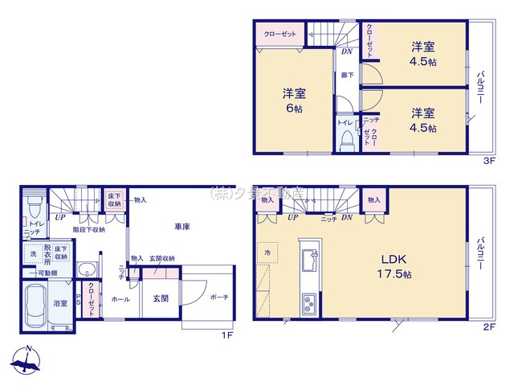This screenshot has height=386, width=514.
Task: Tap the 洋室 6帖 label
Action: pyautogui.click(x=294, y=101)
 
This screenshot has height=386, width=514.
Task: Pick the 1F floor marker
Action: pyautogui.click(x=227, y=335)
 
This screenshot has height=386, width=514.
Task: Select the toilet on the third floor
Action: pyautogui.click(x=346, y=140)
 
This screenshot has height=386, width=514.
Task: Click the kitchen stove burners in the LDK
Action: pyautogui.click(x=309, y=305)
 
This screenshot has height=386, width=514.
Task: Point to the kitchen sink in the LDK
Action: pyautogui.click(x=309, y=261)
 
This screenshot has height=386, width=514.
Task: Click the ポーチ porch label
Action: pyautogui.click(x=218, y=297)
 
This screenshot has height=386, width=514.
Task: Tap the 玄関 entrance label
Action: pyautogui.click(x=161, y=298)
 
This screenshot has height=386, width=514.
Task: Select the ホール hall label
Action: pyautogui.click(x=120, y=298)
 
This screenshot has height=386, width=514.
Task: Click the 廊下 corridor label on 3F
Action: pyautogui.click(x=347, y=75)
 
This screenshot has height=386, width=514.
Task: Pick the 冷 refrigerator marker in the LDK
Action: pyautogui.click(x=267, y=252)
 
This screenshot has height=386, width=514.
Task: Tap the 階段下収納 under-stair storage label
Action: pyautogui.click(x=88, y=229)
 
